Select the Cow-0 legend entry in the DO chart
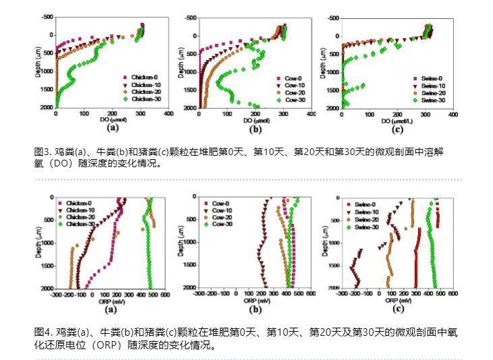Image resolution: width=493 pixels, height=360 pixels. [294, 78]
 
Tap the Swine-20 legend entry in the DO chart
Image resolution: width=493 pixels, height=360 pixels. [432, 92]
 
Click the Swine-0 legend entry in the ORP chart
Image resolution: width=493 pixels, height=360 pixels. [365, 204]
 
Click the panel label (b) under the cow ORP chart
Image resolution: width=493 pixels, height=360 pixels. [255, 309]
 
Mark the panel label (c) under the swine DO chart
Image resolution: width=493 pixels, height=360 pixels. [397, 129]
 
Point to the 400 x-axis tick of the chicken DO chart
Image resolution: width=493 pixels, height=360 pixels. [168, 114]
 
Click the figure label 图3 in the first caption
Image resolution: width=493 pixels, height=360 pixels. [41, 152]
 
